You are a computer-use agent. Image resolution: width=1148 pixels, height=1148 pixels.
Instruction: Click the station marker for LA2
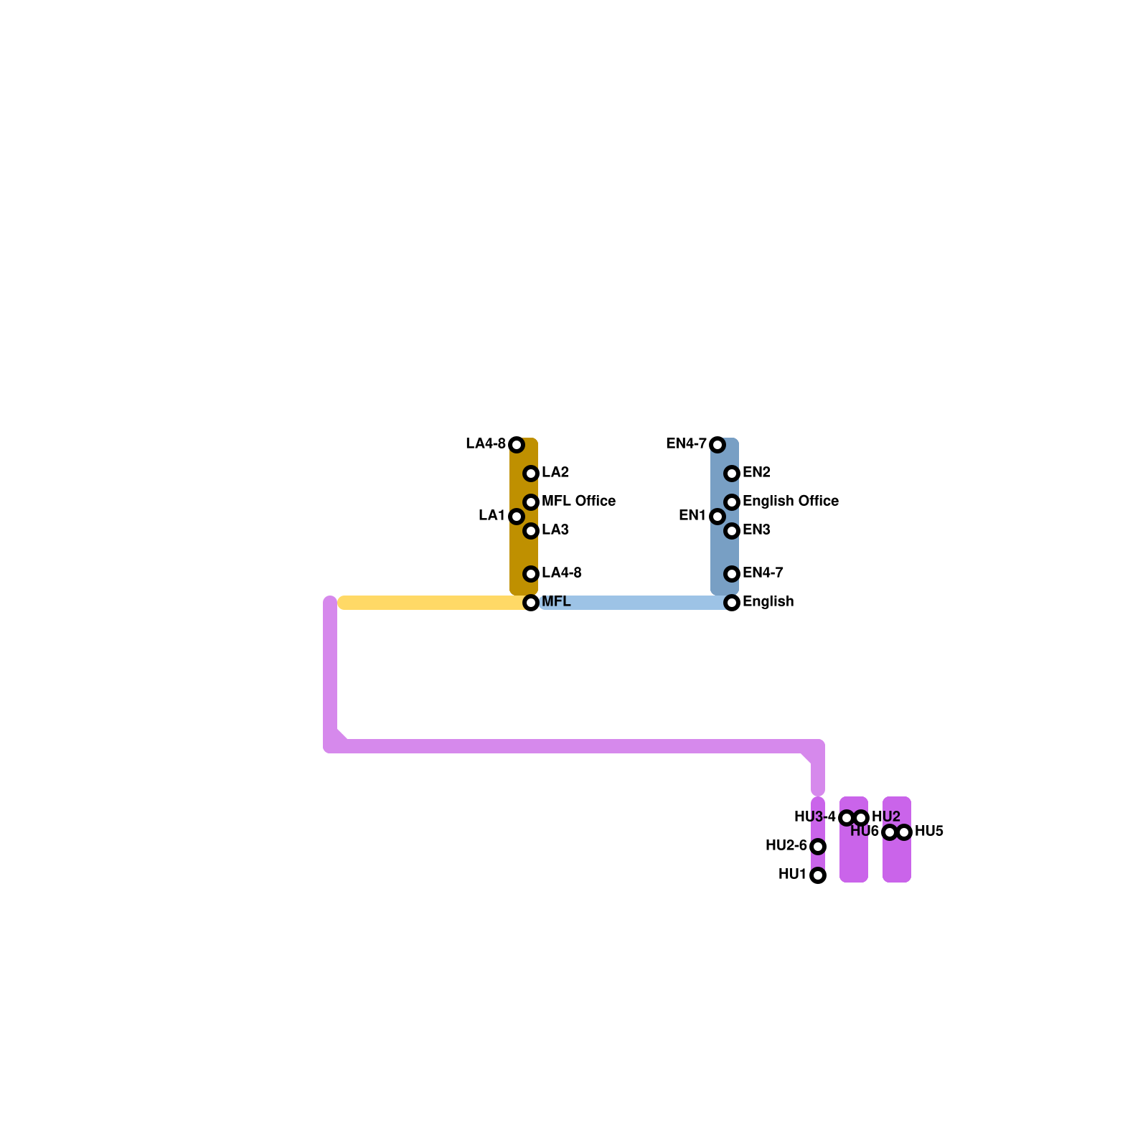[x=531, y=474]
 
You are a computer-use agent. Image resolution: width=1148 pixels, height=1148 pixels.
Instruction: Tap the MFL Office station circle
[x=531, y=502]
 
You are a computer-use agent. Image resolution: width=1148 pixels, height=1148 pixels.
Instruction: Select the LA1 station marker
[x=517, y=517]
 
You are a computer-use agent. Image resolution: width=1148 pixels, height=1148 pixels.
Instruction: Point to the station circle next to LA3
[x=531, y=531]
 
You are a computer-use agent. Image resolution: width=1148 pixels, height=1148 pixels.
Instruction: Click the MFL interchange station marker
[x=531, y=603]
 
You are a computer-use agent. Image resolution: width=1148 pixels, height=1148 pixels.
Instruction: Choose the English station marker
[x=732, y=603]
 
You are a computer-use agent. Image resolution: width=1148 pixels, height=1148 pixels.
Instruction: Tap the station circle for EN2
[x=732, y=474]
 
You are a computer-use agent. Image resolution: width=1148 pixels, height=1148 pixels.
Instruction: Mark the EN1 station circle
[x=717, y=517]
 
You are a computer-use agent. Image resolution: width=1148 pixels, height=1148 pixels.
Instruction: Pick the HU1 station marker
[x=818, y=875]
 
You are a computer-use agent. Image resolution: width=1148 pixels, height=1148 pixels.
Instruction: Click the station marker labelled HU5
[x=904, y=832]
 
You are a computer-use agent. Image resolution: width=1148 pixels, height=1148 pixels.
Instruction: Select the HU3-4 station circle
[x=847, y=818]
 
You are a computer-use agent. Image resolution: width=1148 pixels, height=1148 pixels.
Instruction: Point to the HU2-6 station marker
[x=818, y=847]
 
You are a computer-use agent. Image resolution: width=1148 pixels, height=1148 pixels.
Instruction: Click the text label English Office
[x=790, y=501]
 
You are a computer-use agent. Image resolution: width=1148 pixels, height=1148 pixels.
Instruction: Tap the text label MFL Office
[x=578, y=501]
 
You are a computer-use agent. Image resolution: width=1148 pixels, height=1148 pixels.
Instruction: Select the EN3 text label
[x=756, y=530]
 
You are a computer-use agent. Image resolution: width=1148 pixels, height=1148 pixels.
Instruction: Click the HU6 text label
[x=864, y=832]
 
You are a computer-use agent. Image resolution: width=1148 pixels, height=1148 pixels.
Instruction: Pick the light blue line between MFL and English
[x=631, y=603]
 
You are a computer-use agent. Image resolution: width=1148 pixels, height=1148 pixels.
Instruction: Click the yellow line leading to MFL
[x=430, y=603]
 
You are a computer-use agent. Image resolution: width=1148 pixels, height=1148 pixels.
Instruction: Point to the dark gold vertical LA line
[x=524, y=552]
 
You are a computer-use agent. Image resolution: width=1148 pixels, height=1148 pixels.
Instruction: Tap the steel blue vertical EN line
[x=725, y=552]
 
